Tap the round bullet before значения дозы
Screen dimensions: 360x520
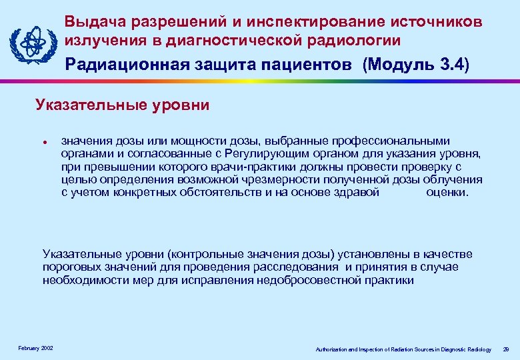(x=43, y=141)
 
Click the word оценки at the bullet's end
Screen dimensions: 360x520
(x=447, y=193)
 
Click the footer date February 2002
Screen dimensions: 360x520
(x=36, y=349)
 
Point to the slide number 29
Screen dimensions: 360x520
(x=506, y=349)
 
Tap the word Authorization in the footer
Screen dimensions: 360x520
(x=331, y=349)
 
